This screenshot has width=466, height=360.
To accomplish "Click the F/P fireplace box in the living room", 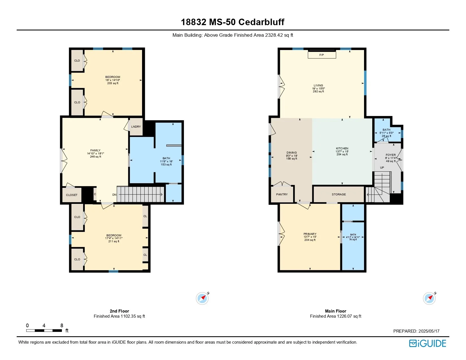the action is (322, 55).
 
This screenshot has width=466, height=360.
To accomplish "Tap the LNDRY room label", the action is (136, 127).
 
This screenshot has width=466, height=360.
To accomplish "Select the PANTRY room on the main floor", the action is (282, 194).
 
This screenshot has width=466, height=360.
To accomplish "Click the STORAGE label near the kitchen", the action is (339, 195).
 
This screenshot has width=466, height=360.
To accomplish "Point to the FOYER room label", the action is (391, 155).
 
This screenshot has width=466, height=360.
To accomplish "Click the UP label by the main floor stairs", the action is (382, 168).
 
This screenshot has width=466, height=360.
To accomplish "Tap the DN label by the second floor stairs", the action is (114, 195).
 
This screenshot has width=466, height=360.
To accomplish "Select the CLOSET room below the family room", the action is (72, 195).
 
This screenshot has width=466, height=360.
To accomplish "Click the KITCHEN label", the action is (342, 148).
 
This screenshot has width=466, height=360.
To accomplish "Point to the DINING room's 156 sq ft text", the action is (292, 159).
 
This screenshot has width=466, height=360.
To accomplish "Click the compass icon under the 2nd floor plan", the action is (202, 298).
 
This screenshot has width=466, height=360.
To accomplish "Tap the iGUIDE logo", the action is (428, 344).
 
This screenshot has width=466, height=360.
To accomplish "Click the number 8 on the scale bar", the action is (62, 326).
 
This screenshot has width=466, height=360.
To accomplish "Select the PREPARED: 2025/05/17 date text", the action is (416, 331).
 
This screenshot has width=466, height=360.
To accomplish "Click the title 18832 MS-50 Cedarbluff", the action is (233, 22).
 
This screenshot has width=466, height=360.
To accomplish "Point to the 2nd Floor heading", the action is (119, 311).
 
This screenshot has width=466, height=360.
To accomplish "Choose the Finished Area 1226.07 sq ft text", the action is (336, 316).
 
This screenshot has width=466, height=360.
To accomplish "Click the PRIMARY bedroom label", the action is (310, 234).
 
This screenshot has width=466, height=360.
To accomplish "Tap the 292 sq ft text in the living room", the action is (319, 91).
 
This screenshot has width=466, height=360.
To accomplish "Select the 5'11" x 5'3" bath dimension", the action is (386, 133).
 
